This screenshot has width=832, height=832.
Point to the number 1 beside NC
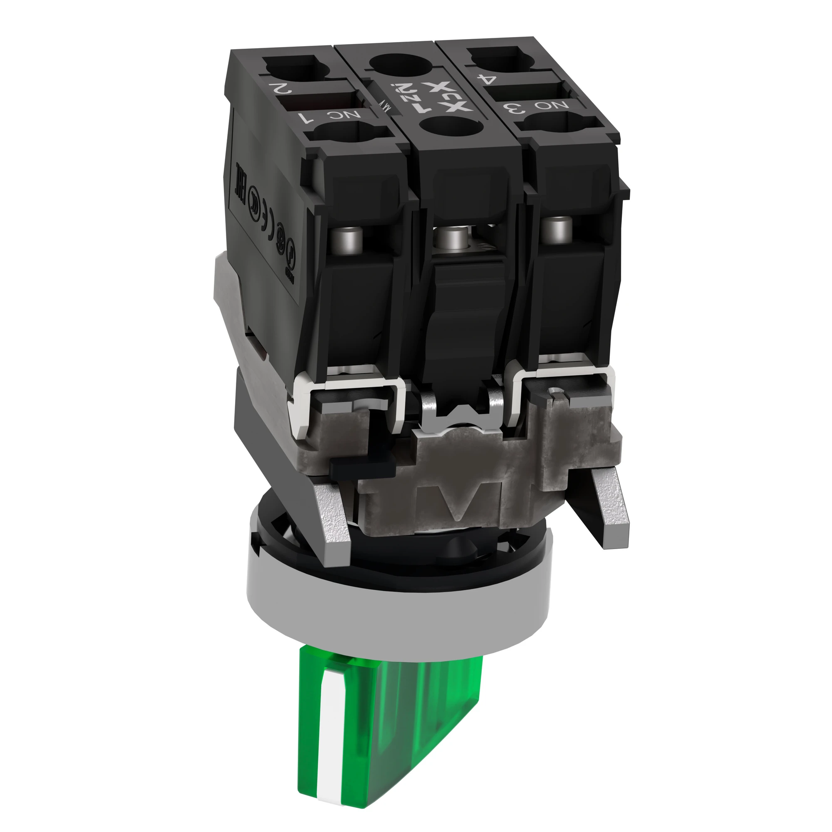pos(308,119)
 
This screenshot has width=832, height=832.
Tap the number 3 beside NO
pos(518,108)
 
